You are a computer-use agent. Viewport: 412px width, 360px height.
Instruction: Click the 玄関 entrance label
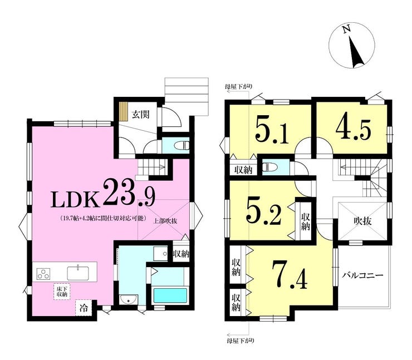tap(140, 115)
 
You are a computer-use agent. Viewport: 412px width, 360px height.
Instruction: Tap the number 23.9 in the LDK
tap(129, 192)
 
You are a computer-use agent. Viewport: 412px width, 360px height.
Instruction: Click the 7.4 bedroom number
tap(290, 275)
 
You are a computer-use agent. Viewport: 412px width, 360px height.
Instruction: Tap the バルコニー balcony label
tap(362, 276)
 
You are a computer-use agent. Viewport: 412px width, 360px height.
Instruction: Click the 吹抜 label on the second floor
tap(362, 221)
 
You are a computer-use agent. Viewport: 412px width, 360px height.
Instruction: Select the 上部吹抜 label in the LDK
tap(165, 221)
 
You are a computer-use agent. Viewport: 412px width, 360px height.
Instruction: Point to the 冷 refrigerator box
tap(84, 308)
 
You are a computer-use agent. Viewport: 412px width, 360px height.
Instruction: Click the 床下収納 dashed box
tap(62, 292)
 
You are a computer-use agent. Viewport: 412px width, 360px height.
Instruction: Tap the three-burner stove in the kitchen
tap(43, 273)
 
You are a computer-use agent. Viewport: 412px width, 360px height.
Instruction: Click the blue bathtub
tap(170, 295)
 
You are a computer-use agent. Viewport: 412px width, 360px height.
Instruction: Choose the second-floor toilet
tap(269, 167)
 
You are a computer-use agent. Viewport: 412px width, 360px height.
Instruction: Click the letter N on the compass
tap(347, 28)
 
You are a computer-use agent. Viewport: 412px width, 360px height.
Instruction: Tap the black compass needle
tap(356, 52)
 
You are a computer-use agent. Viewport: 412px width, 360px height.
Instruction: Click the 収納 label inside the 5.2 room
tap(305, 221)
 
